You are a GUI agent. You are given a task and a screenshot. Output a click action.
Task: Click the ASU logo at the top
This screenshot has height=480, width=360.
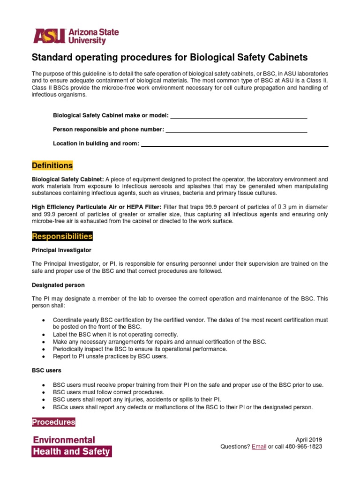coord(75,36)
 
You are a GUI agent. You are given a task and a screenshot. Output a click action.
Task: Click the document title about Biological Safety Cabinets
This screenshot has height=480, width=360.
coord(169,58)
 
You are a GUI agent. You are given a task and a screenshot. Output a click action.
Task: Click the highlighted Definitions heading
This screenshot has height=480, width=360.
coord(52,166)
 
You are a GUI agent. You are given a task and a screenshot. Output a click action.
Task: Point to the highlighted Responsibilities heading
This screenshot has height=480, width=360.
coord(62,236)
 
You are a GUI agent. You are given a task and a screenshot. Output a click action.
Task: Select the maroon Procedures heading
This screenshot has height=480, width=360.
coord(53,422)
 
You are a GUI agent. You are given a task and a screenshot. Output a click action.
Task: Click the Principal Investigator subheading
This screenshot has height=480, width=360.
coord(61,250)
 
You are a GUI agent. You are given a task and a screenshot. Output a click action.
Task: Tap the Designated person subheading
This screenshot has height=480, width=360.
coord(58,285)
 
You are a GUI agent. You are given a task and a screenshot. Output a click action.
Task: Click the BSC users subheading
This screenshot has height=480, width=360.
coord(46,371)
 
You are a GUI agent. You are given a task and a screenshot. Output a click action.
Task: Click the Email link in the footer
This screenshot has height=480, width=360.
coord(259,447)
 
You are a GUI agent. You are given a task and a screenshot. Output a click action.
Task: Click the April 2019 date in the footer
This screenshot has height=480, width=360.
coord(308,440)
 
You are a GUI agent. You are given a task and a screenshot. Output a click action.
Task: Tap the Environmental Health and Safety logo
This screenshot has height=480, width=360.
coord(71,446)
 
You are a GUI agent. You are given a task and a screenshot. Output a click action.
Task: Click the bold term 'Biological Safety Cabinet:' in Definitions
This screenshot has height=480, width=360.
coord(68,180)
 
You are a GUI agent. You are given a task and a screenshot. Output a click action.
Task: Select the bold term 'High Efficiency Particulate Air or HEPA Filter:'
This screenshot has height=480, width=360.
coord(97,207)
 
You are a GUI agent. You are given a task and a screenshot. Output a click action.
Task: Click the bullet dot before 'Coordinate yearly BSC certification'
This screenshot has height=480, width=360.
coord(44,320)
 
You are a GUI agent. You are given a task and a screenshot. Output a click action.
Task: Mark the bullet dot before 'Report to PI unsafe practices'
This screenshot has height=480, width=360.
coord(44,357)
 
